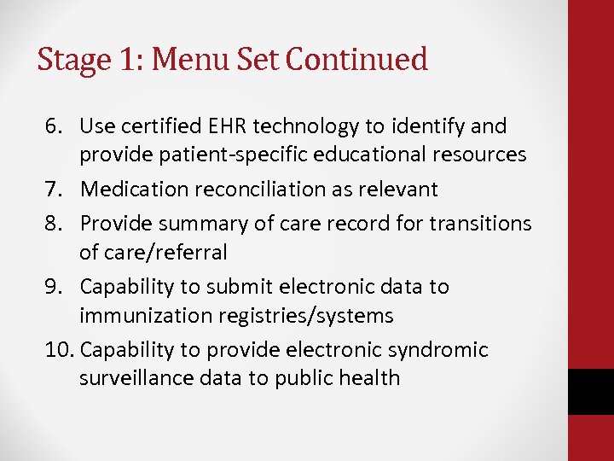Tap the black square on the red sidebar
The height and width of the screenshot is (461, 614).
590,391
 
